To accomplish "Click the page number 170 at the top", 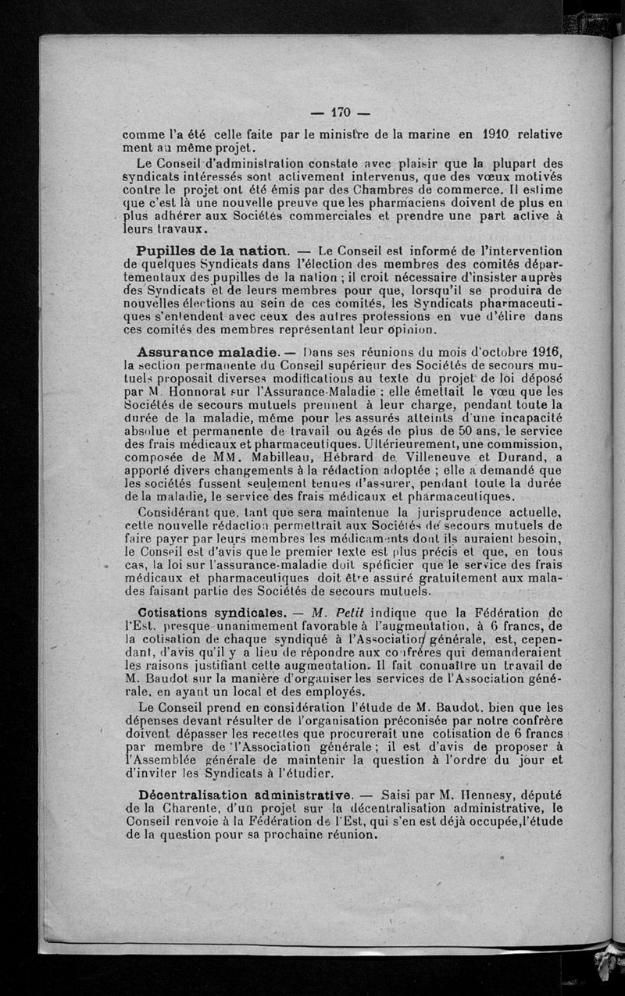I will pyautogui.click(x=342, y=111).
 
